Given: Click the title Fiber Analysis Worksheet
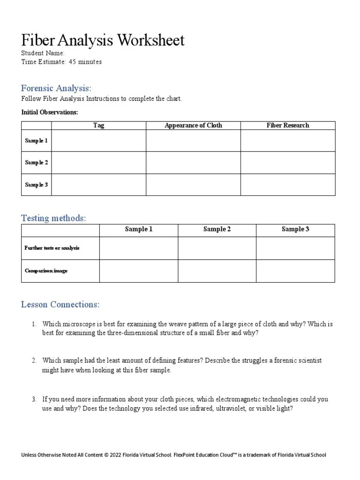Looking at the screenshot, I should click(103, 40).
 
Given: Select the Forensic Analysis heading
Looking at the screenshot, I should click(56, 88).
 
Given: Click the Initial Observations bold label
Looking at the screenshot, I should click(50, 112).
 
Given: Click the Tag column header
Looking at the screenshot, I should click(98, 125).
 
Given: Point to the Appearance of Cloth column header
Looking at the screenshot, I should click(193, 125).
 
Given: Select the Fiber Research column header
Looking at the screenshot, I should click(288, 125).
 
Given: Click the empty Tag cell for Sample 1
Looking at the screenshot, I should click(98, 141).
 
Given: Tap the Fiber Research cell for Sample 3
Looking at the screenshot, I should click(288, 185).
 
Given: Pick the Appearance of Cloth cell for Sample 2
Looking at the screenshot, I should click(193, 163).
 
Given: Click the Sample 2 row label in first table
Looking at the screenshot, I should click(37, 163).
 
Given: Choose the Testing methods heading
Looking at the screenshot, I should click(53, 218).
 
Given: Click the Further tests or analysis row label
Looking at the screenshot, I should click(52, 248).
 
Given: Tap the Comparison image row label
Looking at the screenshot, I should click(46, 271).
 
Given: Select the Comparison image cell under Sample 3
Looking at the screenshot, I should click(295, 271).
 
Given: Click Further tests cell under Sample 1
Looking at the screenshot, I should click(139, 248).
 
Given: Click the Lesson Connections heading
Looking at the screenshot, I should click(60, 305).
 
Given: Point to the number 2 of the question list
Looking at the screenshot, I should click(34, 360).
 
